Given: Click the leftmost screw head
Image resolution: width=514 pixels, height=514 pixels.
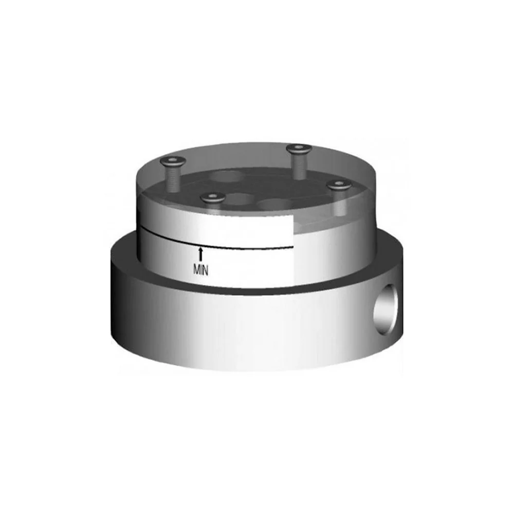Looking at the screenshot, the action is pyautogui.click(x=173, y=161).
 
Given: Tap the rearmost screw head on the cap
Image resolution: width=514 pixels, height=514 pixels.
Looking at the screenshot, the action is pyautogui.click(x=299, y=149).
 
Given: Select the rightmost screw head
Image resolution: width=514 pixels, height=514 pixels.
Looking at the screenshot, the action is pyautogui.click(x=339, y=185).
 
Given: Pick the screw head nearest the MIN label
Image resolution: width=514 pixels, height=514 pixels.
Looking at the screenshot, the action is pyautogui.click(x=213, y=198).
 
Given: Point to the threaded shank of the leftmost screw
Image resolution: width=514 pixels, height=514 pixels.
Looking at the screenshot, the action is pyautogui.click(x=173, y=179).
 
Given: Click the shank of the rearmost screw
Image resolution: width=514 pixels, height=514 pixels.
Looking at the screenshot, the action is pyautogui.click(x=299, y=166).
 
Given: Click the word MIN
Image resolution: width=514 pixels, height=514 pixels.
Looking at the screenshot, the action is pyautogui.click(x=200, y=270).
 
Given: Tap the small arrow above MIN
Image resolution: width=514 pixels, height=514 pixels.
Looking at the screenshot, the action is pyautogui.click(x=200, y=255).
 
